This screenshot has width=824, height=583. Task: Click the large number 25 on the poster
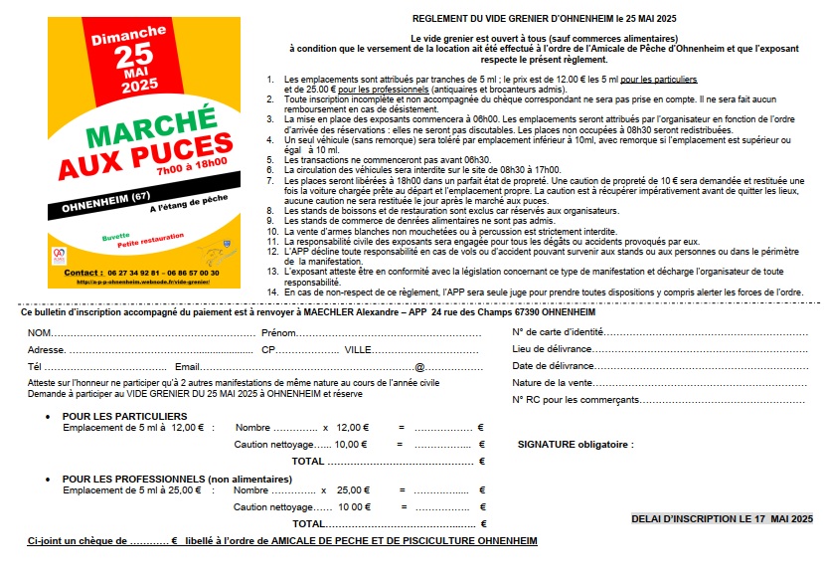[x=131, y=56]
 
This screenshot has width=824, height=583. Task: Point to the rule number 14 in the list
[x=272, y=292]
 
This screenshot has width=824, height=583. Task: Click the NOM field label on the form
[x=40, y=332]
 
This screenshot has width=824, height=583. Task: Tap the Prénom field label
[x=278, y=332]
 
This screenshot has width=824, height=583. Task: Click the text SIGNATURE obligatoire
[x=575, y=445]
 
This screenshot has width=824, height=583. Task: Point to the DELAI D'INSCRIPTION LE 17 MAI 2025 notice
[x=722, y=518]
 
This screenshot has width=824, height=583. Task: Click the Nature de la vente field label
[x=553, y=383]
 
